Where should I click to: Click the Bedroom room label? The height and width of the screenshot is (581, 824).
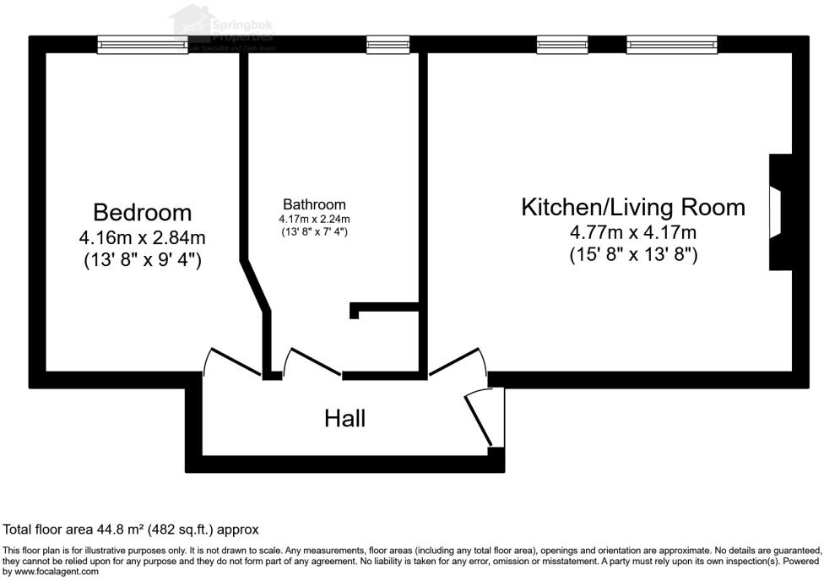(x=142, y=212)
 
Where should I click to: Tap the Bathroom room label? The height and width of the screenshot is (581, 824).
(x=314, y=204)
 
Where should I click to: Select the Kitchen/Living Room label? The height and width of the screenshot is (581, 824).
(x=632, y=207)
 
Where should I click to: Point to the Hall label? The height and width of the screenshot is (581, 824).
(x=345, y=418)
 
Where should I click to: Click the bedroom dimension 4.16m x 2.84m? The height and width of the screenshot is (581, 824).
(x=142, y=237)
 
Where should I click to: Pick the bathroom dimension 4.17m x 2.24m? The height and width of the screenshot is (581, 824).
(x=314, y=220)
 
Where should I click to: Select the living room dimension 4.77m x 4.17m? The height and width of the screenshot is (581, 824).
(x=632, y=232)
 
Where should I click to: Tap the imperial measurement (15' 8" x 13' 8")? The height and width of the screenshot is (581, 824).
(x=632, y=254)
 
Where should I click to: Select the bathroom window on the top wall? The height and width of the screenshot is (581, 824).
(x=388, y=45)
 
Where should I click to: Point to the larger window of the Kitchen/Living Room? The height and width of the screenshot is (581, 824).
(x=671, y=45)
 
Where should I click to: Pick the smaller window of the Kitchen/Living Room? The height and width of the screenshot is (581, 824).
(x=562, y=45)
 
